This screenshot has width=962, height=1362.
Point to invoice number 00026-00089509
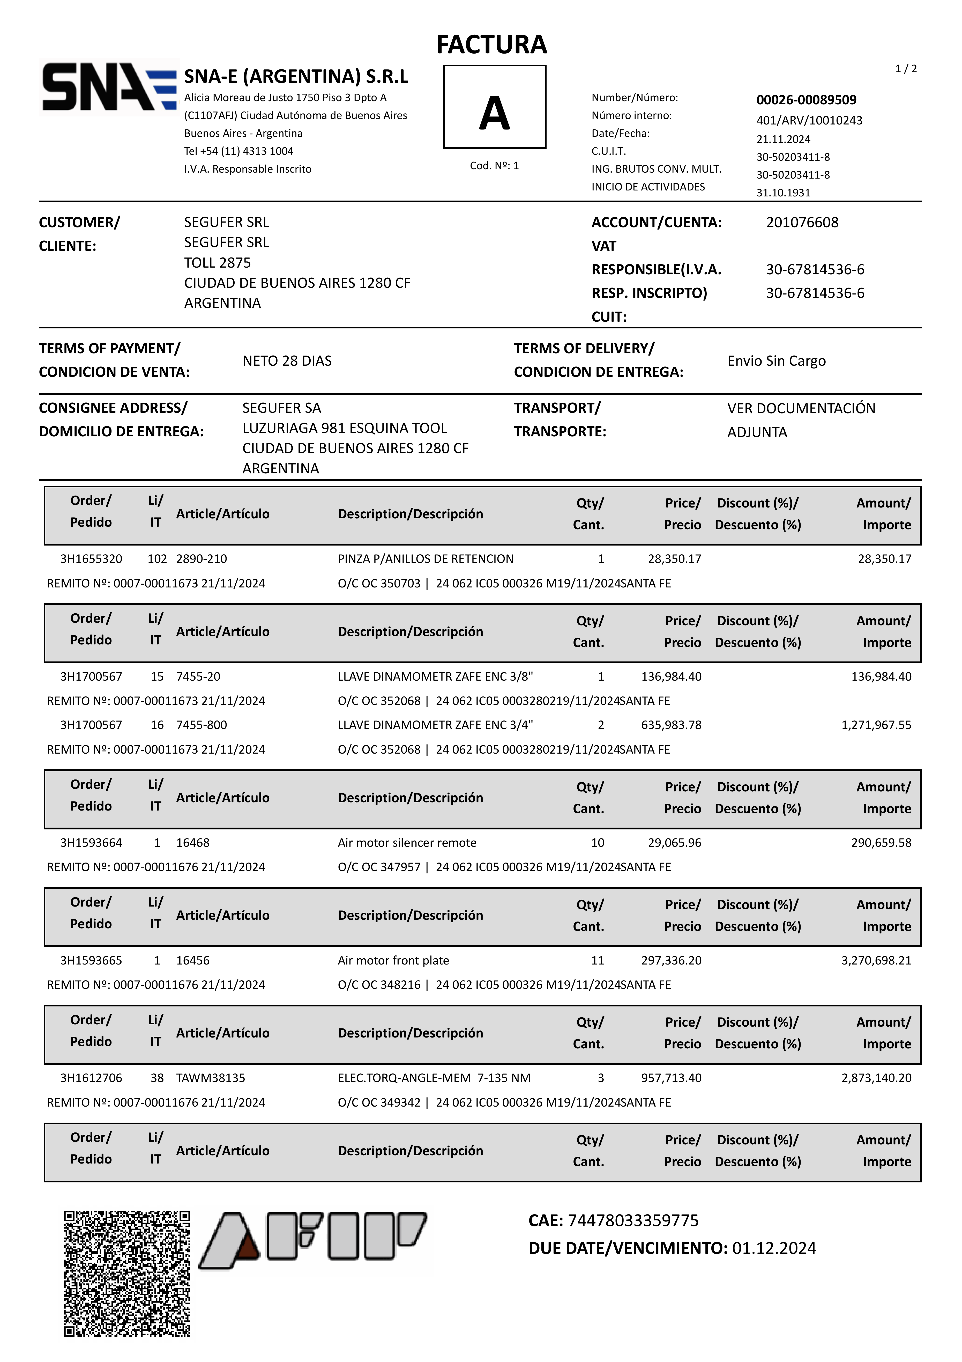click(x=806, y=100)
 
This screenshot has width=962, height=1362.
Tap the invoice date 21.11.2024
click(x=783, y=139)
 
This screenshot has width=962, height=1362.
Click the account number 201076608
click(x=802, y=223)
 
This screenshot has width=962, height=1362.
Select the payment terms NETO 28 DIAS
click(x=287, y=361)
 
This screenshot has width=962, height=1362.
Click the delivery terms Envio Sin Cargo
click(x=776, y=361)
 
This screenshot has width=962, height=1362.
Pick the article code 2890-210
click(x=202, y=559)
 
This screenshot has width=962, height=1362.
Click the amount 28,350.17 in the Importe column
click(x=884, y=559)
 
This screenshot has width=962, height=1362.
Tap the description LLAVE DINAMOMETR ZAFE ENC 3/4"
click(x=435, y=725)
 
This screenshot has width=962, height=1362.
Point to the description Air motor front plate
click(x=393, y=960)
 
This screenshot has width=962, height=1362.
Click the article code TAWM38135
click(x=211, y=1078)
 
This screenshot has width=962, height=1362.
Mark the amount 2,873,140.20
click(x=876, y=1078)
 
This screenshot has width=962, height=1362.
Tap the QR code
click(x=127, y=1273)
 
